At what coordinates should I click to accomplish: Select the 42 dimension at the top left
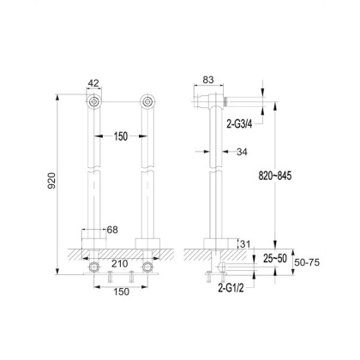(94, 83)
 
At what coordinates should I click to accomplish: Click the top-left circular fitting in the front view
(94, 104)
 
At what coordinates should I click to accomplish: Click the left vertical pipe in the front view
(94, 171)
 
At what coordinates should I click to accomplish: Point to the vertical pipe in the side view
(211, 171)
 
